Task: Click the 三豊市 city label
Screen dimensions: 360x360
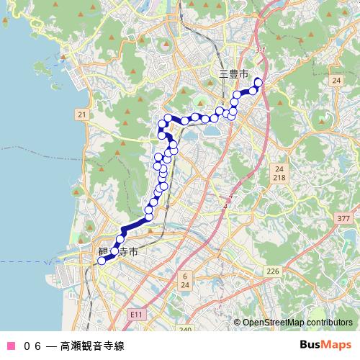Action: [234, 74]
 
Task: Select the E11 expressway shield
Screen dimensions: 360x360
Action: [137, 315]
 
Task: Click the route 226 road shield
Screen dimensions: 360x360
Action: [272, 271]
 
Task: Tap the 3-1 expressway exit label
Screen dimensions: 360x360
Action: [261, 50]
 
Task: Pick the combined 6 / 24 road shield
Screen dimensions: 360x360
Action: [186, 280]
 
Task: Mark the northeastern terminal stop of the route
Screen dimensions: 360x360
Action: [258, 82]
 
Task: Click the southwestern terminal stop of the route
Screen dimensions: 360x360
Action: [102, 261]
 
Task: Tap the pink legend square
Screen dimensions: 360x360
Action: [10, 345]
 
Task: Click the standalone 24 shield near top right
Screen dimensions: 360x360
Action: [336, 81]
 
